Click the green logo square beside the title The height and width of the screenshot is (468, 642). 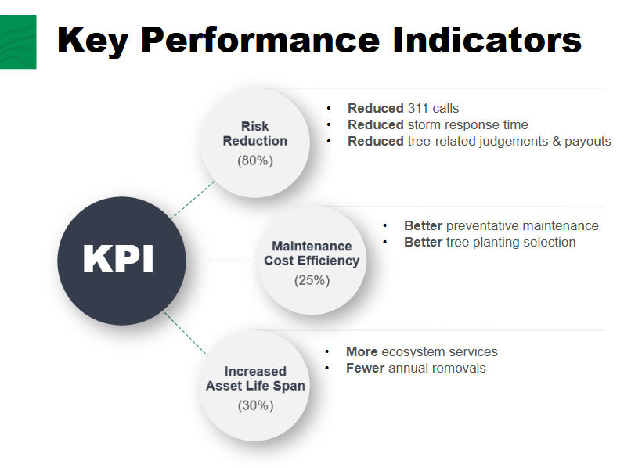(x=17, y=41)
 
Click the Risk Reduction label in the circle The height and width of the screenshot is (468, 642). (x=255, y=134)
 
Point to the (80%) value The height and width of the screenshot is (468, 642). (x=255, y=160)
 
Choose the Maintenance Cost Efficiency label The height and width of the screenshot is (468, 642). (x=312, y=254)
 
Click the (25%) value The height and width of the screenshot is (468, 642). (x=312, y=280)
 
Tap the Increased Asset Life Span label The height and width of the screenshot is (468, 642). (x=255, y=379)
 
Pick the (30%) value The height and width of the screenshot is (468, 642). (x=255, y=405)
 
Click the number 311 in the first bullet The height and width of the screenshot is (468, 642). (x=419, y=108)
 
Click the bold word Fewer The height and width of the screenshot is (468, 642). (x=364, y=368)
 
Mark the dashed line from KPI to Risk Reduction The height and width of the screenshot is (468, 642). (x=193, y=199)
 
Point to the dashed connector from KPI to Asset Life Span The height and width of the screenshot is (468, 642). (x=186, y=333)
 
